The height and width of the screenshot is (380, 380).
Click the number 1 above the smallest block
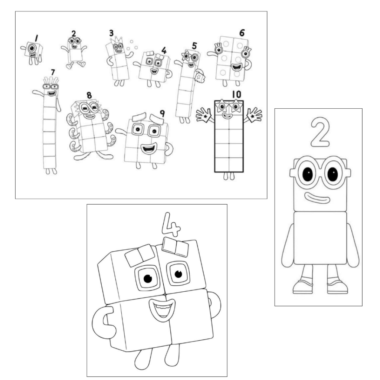pos(36,38)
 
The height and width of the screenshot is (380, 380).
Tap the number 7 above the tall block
pos(53,72)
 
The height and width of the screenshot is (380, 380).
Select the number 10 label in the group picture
pos(236,95)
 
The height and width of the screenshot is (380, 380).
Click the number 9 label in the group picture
pos(162,114)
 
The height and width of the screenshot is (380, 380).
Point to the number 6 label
pos(242,33)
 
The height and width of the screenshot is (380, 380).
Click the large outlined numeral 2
pos(320,132)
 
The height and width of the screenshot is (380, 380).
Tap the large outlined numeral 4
pos(171,225)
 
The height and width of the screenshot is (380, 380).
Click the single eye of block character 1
pos(32,48)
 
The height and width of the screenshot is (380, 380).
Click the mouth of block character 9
pos(148,148)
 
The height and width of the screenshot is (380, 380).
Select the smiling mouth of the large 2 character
pos(317,197)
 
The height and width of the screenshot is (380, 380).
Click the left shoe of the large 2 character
pos(302,287)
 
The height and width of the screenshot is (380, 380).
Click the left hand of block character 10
pos(204,115)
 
